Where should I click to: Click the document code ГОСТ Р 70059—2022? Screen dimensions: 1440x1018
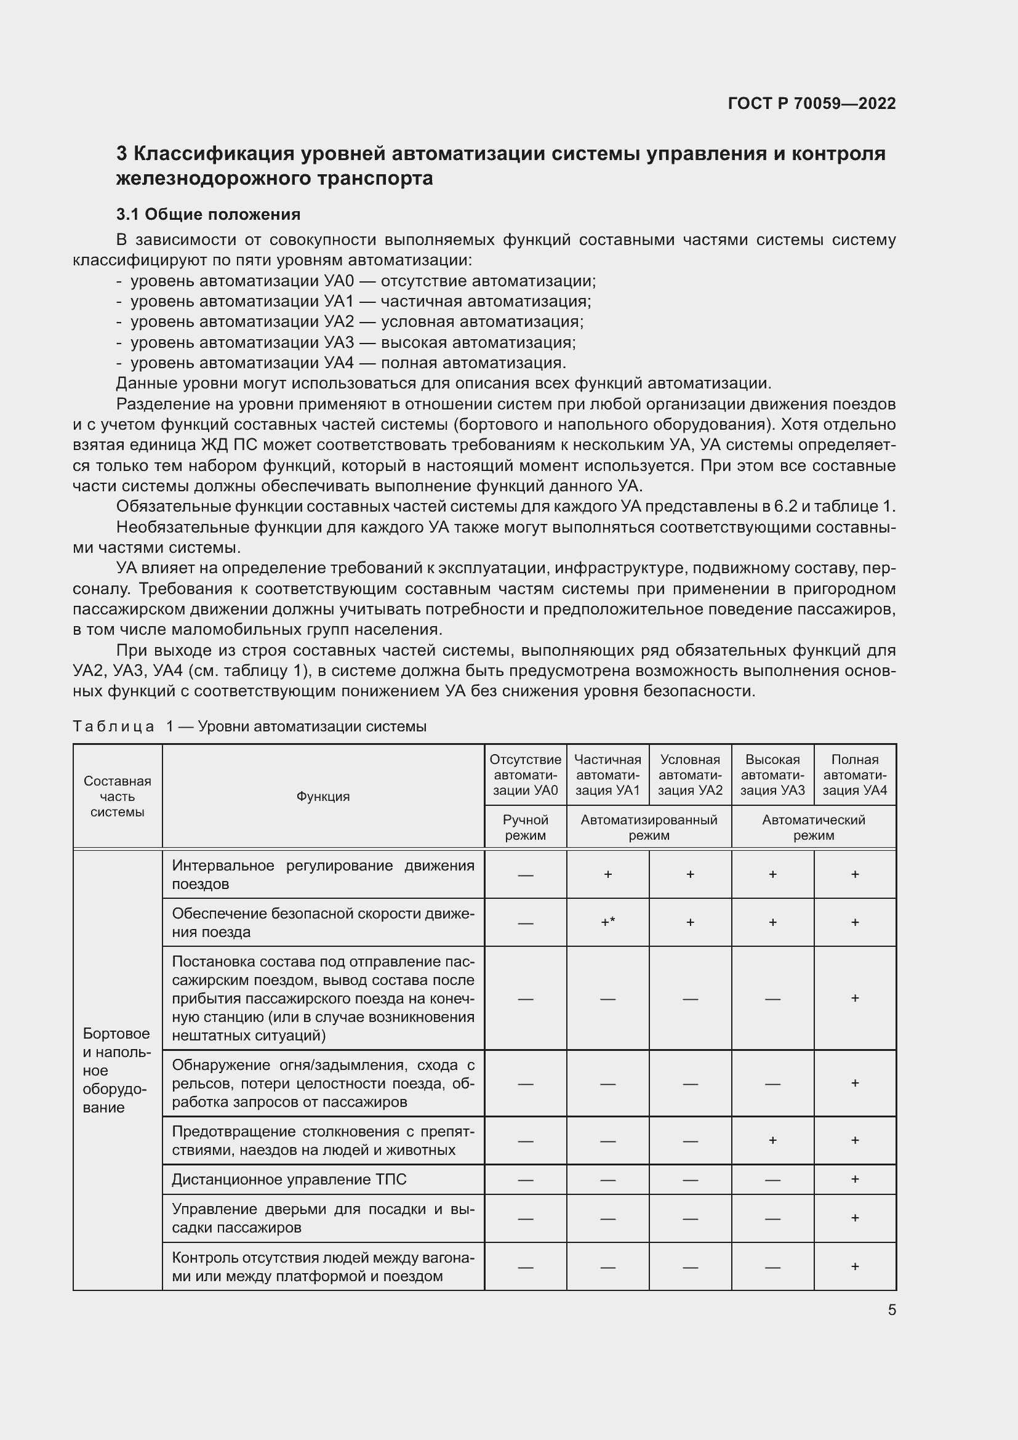coord(811,103)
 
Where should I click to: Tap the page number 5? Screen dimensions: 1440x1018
coord(891,1309)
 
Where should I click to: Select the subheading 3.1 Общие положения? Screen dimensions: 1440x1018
coord(208,214)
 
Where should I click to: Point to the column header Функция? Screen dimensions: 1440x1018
coord(323,797)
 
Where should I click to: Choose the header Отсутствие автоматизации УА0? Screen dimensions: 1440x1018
coord(524,774)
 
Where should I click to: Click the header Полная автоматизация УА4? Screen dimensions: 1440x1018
coord(854,774)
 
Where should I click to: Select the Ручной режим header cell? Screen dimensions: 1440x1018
coord(524,827)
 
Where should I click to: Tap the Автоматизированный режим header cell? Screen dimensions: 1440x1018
coord(648,827)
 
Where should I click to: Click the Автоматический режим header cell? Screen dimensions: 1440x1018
coord(813,827)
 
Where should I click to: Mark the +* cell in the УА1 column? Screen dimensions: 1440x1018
coord(607,922)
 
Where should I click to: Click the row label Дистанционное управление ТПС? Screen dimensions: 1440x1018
coord(289,1179)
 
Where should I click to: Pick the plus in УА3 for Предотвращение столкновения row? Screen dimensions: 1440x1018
coord(772,1140)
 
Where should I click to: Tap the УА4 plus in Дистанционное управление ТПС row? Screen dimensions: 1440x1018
coord(854,1179)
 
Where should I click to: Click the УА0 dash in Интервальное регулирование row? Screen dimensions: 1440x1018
coord(524,874)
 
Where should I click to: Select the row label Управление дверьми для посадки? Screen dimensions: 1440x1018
coord(323,1218)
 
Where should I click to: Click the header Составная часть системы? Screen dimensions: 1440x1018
coord(117,797)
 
